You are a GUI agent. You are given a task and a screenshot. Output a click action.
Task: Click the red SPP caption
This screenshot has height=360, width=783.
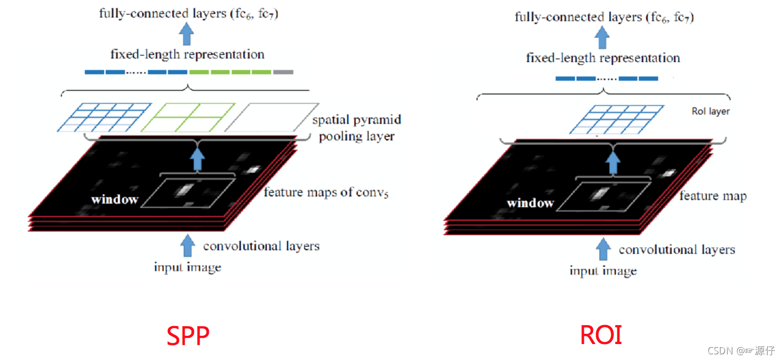(x=188, y=336)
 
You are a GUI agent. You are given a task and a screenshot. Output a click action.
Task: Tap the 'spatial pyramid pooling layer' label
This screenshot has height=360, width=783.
(x=357, y=128)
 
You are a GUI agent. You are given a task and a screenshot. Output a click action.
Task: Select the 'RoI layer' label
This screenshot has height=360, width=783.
(x=710, y=111)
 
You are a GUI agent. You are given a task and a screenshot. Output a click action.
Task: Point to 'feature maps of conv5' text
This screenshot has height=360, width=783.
(x=326, y=193)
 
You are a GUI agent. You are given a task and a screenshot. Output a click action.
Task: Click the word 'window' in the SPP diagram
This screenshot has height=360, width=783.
(x=115, y=199)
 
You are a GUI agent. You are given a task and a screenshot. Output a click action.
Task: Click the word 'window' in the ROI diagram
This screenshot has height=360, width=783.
(x=530, y=203)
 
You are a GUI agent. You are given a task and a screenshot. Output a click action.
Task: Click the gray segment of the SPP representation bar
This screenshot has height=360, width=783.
(x=283, y=72)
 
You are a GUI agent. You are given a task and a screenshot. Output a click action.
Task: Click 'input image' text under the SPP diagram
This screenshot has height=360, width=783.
(x=187, y=267)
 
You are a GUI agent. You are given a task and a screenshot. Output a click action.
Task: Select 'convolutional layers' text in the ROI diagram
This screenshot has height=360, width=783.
(x=677, y=250)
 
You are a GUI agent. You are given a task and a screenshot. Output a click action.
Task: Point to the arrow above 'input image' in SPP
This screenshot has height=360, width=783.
(x=188, y=245)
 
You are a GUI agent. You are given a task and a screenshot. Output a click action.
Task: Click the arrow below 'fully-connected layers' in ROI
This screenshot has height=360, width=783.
(x=603, y=38)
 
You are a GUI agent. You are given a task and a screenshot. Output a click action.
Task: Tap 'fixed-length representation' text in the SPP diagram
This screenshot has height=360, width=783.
(x=187, y=54)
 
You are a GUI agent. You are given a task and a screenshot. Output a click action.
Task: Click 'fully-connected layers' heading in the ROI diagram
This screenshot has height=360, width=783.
(x=604, y=17)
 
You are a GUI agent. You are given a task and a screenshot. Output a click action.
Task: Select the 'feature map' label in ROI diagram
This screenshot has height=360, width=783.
(x=713, y=196)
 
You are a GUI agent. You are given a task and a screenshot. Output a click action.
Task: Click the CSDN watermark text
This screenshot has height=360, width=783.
(x=741, y=351)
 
